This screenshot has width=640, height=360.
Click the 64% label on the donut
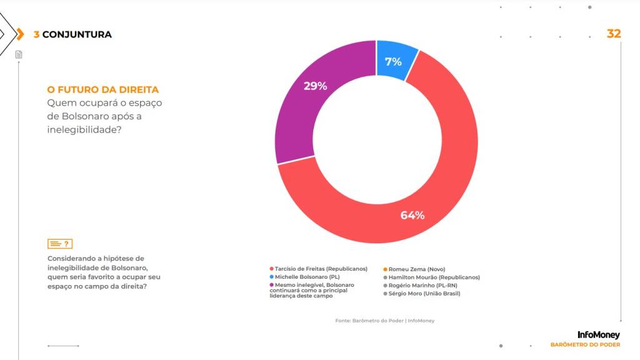[412, 215]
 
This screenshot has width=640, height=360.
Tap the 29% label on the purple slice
[316, 86]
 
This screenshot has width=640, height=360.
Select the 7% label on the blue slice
[393, 61]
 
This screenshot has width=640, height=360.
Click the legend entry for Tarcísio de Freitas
[317, 269]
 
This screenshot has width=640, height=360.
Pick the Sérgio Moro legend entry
[424, 293]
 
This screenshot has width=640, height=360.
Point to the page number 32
[614, 34]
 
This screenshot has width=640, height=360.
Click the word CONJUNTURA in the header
[77, 34]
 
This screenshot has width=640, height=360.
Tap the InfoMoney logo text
[599, 335]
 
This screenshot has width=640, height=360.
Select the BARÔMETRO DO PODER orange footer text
[585, 344]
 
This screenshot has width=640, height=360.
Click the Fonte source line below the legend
[384, 321]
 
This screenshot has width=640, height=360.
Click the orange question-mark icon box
[60, 244]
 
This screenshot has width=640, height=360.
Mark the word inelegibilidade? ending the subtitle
[84, 130]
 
